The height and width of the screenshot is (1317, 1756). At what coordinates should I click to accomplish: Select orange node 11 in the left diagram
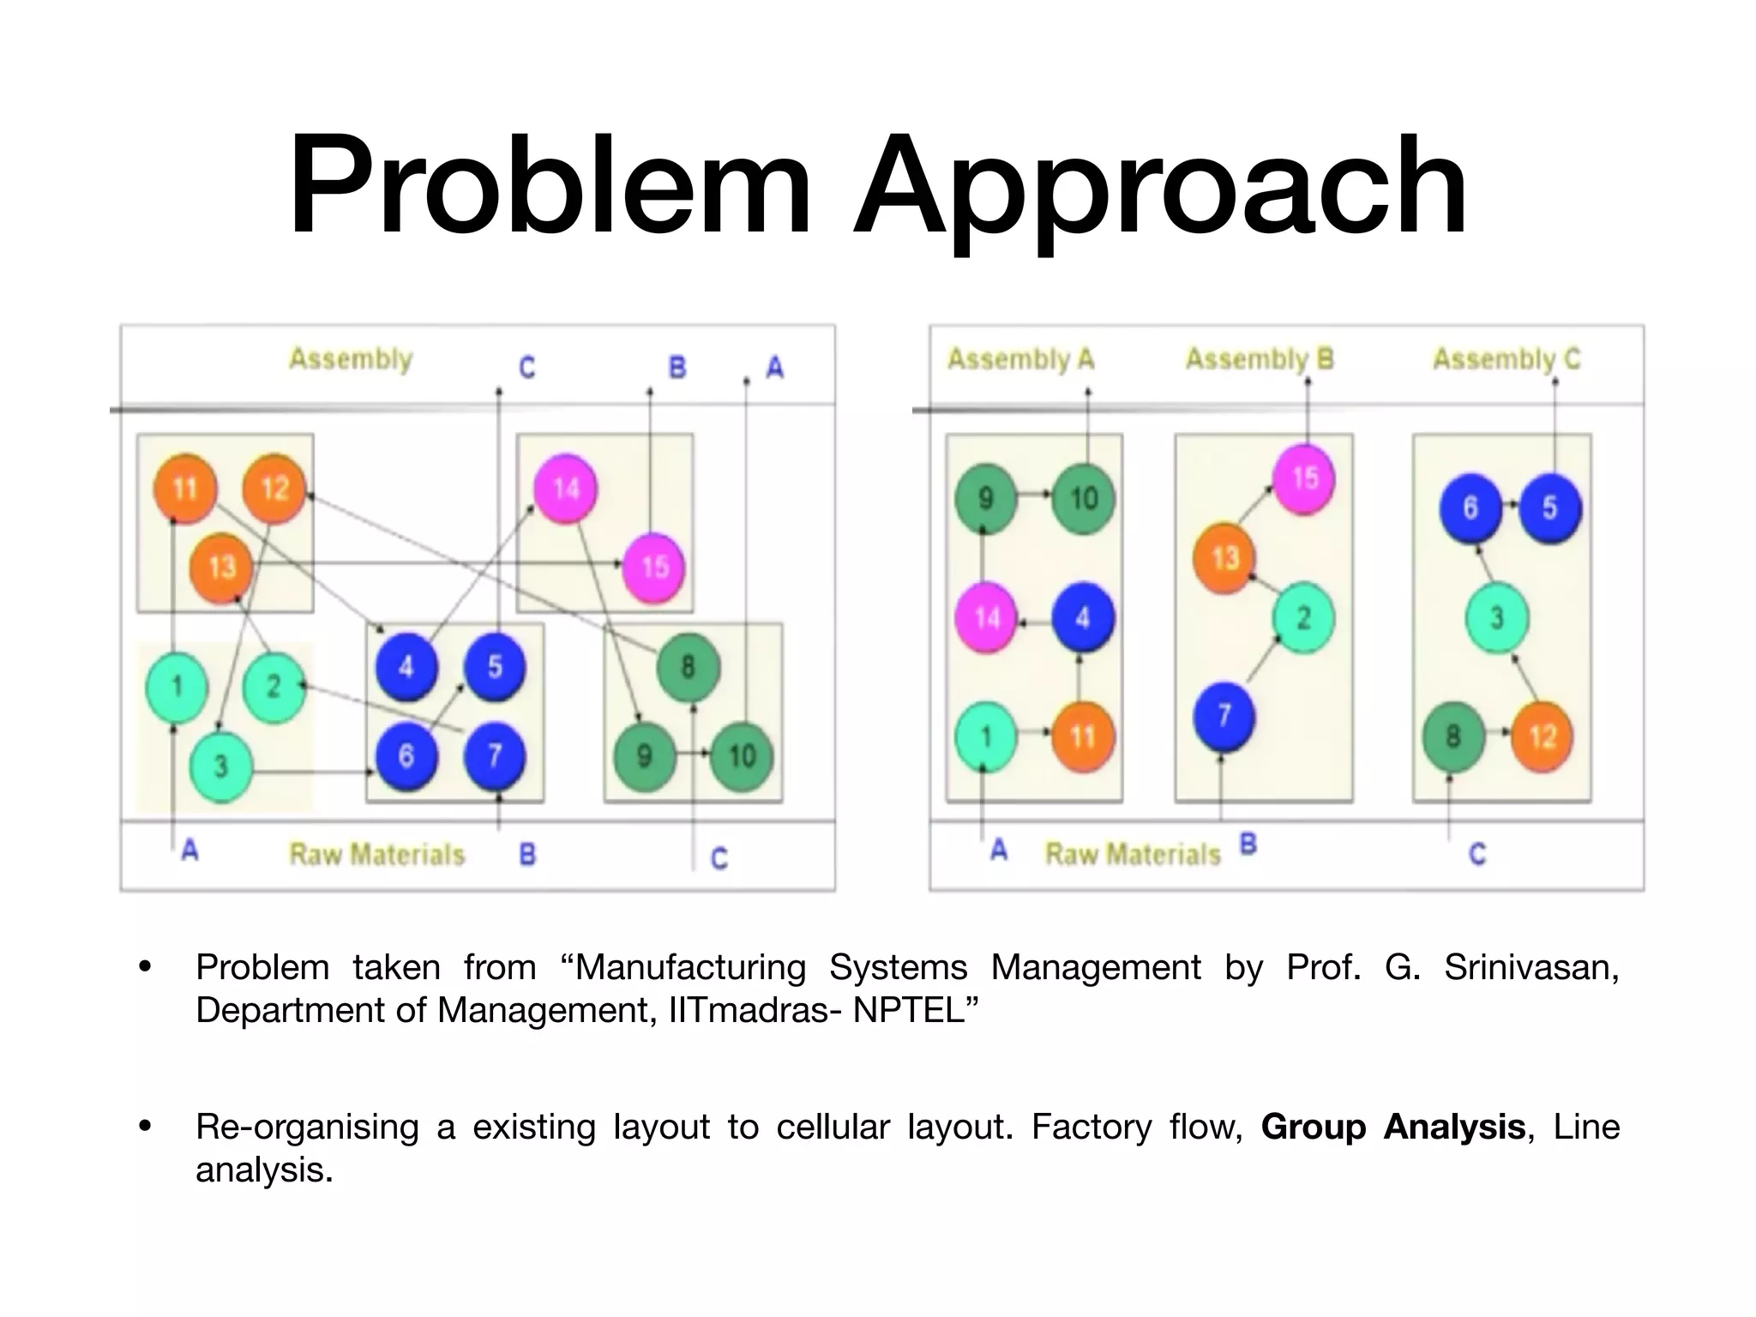pos(184,490)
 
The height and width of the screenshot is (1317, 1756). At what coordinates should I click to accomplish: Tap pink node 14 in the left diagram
pos(565,490)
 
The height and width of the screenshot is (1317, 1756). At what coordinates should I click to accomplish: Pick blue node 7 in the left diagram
pos(495,755)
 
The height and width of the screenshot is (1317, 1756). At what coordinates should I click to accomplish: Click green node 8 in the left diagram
pos(688,667)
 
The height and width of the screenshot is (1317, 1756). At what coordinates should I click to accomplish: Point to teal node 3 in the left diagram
pos(220,766)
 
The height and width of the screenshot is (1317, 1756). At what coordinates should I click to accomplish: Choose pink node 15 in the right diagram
pos(1304,478)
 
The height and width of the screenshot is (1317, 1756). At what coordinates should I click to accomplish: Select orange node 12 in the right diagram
pos(1542,737)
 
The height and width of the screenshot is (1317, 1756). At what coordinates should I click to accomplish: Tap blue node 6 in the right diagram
pos(1470,508)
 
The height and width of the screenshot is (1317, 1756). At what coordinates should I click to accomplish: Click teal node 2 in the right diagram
pos(1303,618)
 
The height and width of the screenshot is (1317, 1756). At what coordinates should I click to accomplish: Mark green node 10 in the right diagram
pos(1084,499)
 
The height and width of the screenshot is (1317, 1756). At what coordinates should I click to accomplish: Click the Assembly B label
pos(1259,358)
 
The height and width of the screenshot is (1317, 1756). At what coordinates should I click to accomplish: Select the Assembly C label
pos(1506,358)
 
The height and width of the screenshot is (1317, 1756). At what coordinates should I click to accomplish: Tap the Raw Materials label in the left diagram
pos(376,854)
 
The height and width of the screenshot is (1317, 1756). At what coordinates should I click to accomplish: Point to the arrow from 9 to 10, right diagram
pos(1035,494)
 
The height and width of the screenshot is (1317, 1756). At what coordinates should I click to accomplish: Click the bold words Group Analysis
pos(1392,1127)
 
